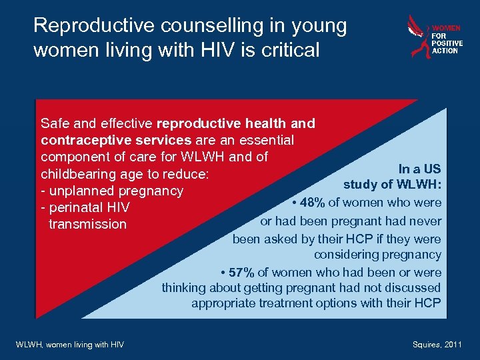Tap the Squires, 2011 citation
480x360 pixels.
[x=437, y=344]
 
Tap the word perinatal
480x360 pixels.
[x=76, y=208]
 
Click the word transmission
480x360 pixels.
[x=87, y=225]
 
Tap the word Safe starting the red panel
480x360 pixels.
[x=55, y=123]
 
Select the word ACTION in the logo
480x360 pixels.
[x=445, y=51]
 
